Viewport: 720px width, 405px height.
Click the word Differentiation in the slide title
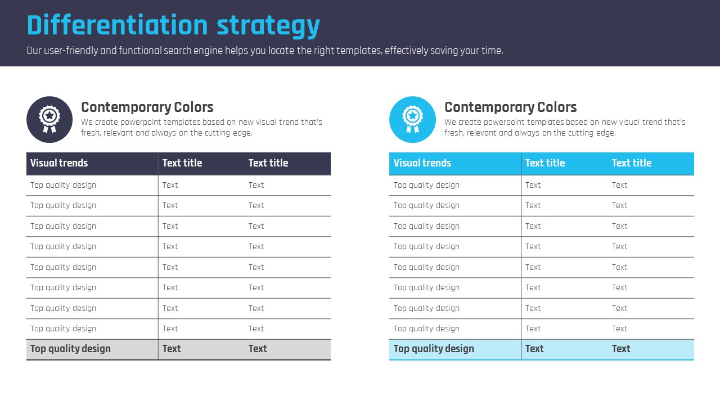click(x=118, y=25)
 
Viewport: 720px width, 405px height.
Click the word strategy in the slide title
click(x=268, y=26)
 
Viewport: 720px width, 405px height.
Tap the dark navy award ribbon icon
click(x=49, y=120)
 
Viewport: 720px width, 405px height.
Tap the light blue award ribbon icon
click(x=412, y=120)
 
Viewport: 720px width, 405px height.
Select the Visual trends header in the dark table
click(x=59, y=163)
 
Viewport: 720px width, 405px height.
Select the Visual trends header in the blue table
click(x=422, y=163)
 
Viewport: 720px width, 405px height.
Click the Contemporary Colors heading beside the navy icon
click(x=147, y=107)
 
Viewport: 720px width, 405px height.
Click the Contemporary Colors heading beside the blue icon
click(x=510, y=107)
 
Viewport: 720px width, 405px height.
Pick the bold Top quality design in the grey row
click(x=70, y=349)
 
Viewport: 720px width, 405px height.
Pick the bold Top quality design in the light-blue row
click(x=434, y=349)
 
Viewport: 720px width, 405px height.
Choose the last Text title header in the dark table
click(x=268, y=163)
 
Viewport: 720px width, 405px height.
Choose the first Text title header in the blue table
click(x=545, y=163)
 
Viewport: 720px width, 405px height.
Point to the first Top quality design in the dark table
click(x=64, y=186)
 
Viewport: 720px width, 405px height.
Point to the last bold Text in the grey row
click(x=258, y=349)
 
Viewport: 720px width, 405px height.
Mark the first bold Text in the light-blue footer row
click(x=534, y=349)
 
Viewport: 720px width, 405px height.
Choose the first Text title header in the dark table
click(x=182, y=163)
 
